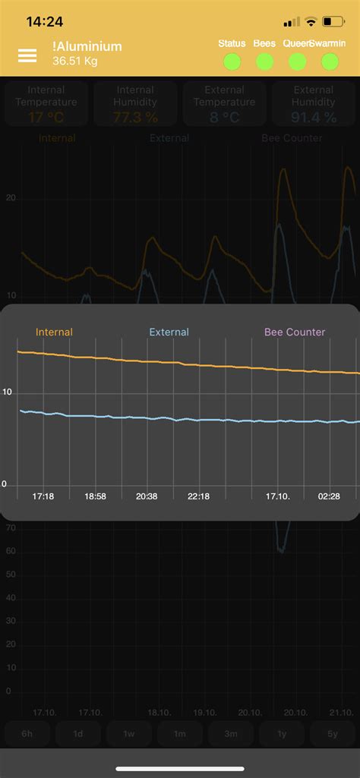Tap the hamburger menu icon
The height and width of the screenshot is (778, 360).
27,55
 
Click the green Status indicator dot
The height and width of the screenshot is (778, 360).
232,61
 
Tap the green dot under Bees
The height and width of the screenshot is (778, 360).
264,61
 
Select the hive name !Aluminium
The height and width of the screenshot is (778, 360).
87,46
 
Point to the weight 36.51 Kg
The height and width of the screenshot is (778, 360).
74,61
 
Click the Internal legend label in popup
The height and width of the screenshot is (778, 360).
55,332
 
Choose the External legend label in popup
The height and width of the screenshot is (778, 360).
169,332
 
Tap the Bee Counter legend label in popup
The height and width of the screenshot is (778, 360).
294,332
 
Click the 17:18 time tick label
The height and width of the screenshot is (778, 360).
43,496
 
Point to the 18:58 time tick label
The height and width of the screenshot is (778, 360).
95,496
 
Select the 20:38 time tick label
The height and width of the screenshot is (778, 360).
147,496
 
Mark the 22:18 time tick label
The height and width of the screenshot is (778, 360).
198,496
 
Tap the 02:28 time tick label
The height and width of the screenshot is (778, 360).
329,496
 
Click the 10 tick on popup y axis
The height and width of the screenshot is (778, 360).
8,392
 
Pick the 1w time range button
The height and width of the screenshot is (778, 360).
130,734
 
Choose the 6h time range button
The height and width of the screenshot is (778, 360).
27,734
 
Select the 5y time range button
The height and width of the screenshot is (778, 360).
333,734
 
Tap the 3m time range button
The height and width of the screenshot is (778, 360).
231,734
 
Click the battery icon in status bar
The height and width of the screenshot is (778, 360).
333,22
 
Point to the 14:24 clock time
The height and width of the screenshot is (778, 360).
45,22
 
